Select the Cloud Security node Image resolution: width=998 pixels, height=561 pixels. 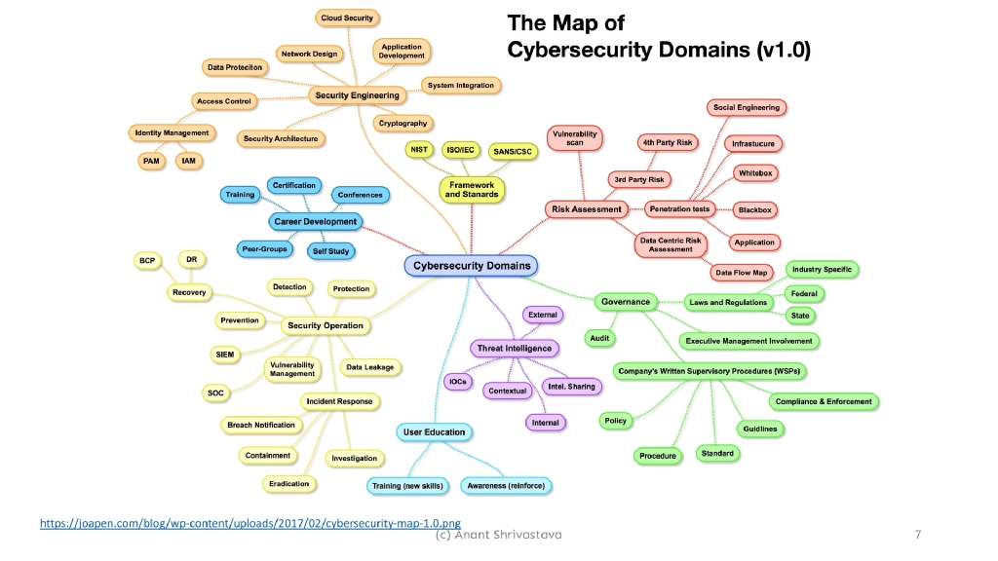tap(348, 19)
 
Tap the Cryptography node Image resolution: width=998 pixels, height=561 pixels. tap(402, 124)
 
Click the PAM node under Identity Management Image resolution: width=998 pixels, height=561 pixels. tap(150, 160)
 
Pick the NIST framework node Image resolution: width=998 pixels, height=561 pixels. tap(419, 150)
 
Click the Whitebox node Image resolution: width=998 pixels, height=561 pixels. tap(755, 172)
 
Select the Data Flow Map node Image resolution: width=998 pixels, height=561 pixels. tap(742, 272)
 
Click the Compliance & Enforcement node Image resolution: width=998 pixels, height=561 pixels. tap(824, 401)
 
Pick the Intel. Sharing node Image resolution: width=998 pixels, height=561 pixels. tap(572, 387)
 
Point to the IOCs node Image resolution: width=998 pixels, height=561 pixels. tap(458, 382)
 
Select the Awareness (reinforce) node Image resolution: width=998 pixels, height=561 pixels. tap(507, 485)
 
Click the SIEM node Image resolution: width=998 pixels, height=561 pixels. tap(224, 354)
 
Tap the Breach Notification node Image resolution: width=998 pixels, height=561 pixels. tap(261, 425)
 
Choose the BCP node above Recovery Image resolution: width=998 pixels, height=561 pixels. tap(147, 261)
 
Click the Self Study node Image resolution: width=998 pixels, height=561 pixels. tap(331, 250)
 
